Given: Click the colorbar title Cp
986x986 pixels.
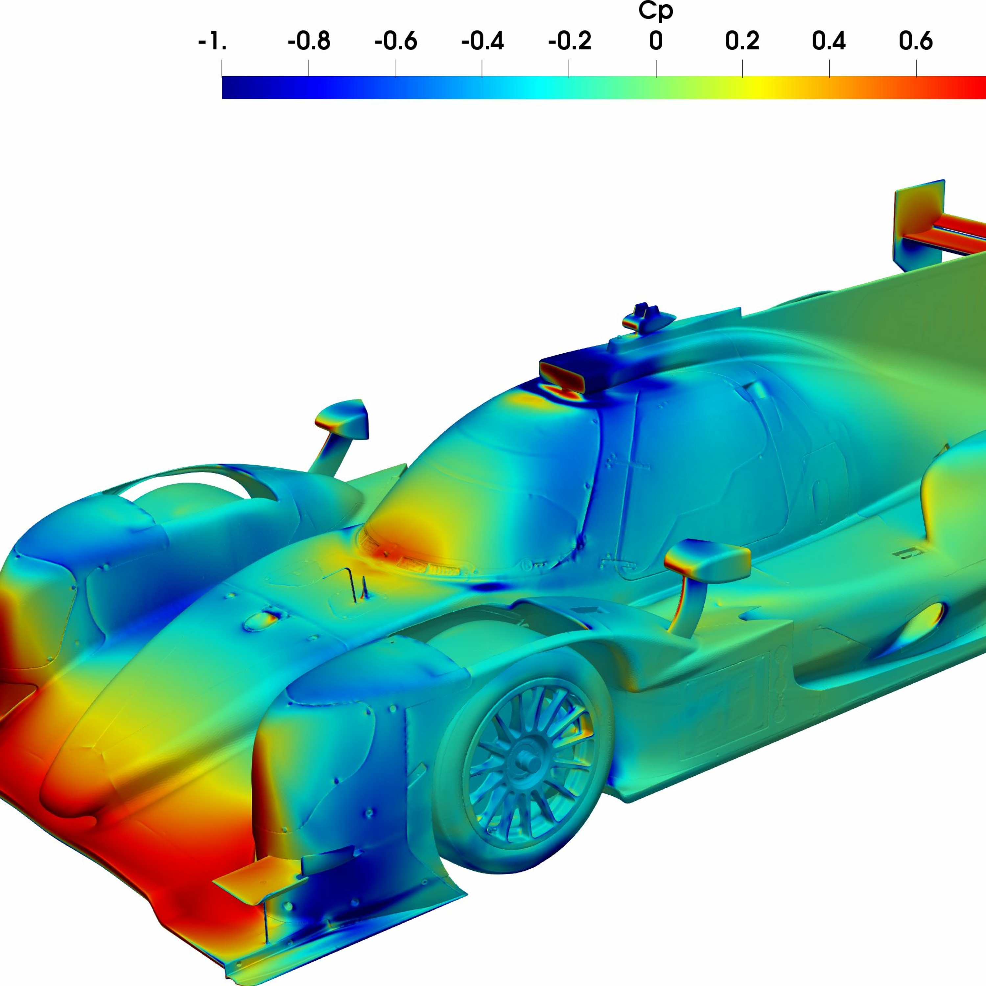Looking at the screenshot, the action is pyautogui.click(x=656, y=11).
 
